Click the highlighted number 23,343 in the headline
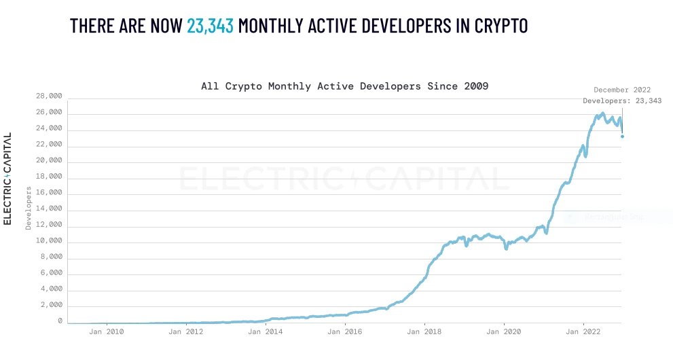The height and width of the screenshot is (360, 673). (x=210, y=26)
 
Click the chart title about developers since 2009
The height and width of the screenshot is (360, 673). (x=344, y=86)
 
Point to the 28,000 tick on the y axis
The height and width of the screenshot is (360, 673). (x=50, y=96)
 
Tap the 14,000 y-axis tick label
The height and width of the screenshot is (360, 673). (x=50, y=209)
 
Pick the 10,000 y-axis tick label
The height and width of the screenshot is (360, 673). (x=50, y=241)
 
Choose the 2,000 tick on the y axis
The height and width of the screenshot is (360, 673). (x=52, y=305)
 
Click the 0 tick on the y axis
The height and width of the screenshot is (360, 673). (x=60, y=321)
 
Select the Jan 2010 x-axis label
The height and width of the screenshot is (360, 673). (x=107, y=332)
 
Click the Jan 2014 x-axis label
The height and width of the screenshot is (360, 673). (x=265, y=332)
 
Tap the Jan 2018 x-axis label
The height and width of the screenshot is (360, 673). (x=424, y=332)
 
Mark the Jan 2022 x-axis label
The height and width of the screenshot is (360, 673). (x=583, y=332)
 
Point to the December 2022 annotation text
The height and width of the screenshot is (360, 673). (x=622, y=90)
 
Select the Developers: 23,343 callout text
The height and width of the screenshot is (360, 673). (x=622, y=101)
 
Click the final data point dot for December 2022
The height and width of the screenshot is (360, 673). (x=622, y=137)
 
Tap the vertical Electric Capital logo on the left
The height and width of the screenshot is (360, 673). (x=7, y=179)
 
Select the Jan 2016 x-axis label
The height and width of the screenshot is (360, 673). (x=344, y=332)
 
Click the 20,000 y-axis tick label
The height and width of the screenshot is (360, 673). (x=50, y=161)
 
